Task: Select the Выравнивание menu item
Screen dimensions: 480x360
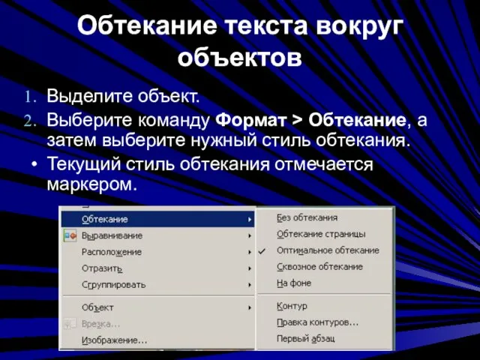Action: tap(112, 235)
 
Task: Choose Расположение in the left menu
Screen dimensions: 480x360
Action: tap(112, 252)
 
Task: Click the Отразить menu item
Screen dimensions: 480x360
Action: tap(102, 268)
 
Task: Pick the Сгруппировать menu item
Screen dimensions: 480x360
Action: tap(113, 285)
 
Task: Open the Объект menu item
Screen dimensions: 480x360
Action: tap(97, 307)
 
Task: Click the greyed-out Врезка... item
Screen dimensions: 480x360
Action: tap(100, 324)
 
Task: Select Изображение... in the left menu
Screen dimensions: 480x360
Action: tap(115, 340)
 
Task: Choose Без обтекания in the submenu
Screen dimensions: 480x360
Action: tap(307, 217)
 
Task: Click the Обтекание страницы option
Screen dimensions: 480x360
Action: tap(321, 234)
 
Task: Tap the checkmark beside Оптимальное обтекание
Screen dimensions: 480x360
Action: tap(262, 251)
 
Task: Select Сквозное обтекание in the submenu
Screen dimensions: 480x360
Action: tap(320, 267)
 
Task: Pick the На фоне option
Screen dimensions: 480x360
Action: tap(294, 283)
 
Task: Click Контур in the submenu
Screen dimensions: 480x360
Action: tap(292, 306)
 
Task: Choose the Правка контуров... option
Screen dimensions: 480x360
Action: tap(318, 322)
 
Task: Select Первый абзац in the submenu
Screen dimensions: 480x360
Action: tap(305, 338)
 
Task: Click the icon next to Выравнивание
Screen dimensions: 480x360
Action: tap(70, 236)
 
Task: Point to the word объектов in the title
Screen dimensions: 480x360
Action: tap(240, 57)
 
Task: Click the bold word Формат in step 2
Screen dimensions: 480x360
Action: tap(251, 120)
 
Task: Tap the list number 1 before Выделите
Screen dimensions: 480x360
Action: tap(30, 97)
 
